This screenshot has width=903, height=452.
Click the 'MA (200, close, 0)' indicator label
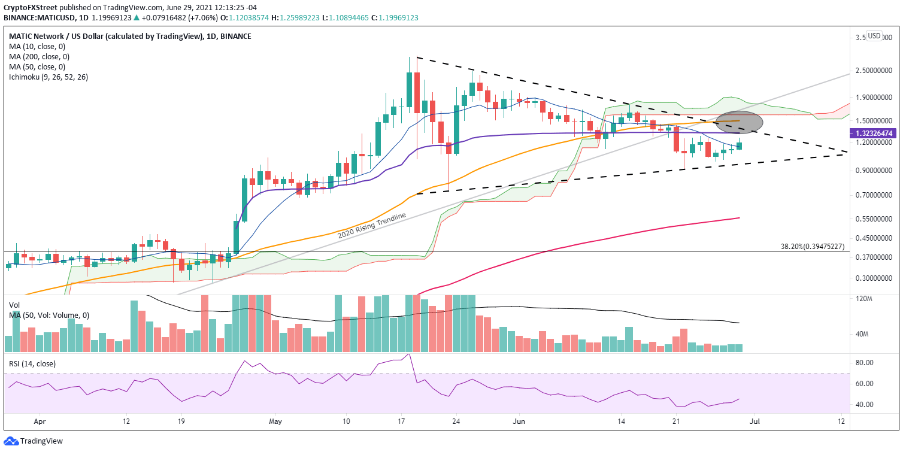click(x=37, y=56)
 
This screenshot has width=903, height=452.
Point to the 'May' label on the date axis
click(x=275, y=421)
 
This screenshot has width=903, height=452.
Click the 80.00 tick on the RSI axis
click(x=863, y=363)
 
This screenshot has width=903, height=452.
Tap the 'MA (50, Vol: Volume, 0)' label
click(x=49, y=316)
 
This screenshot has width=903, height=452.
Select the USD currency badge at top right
click(x=874, y=36)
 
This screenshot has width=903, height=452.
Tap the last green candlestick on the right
click(x=739, y=145)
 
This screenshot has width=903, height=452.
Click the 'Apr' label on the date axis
click(x=40, y=421)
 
